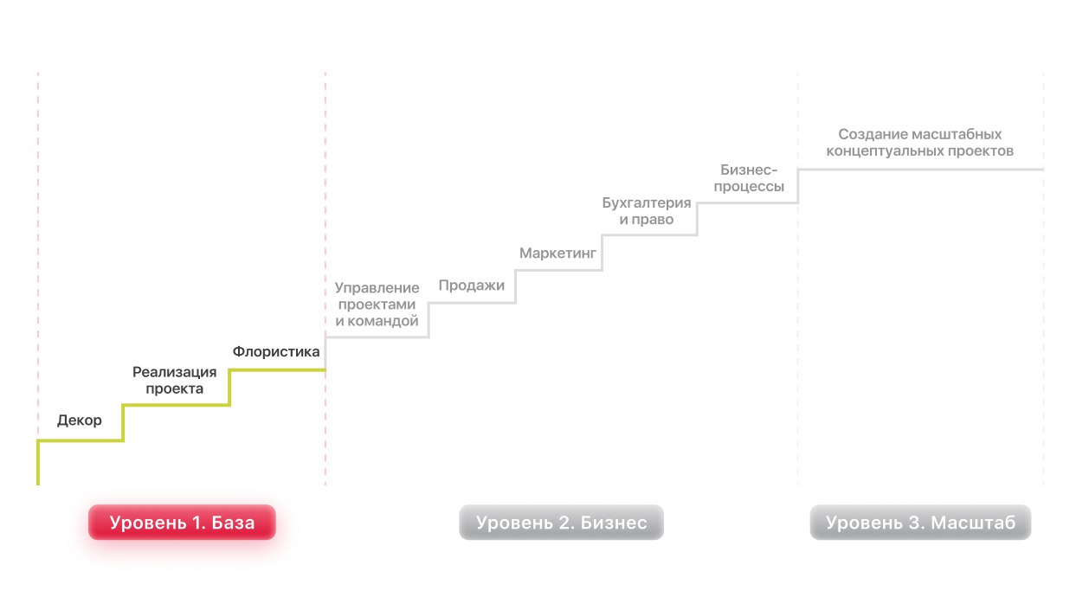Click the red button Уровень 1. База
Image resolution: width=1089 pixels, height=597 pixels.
click(182, 523)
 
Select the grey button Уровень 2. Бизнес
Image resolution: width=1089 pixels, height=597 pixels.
click(561, 523)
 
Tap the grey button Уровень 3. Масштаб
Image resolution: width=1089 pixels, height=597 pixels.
click(920, 523)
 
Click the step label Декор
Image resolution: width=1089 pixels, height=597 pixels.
click(80, 421)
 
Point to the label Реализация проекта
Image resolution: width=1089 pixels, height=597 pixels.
click(175, 381)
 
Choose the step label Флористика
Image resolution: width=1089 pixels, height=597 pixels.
click(276, 352)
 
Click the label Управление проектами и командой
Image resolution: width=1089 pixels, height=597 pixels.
click(377, 305)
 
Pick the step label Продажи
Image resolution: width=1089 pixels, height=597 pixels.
click(471, 286)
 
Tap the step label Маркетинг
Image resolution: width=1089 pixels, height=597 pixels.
click(558, 254)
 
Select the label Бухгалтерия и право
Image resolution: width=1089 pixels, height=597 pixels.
click(647, 212)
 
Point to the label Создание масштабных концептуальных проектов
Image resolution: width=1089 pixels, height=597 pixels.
click(920, 143)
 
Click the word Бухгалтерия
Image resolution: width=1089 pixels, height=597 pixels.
click(647, 203)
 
